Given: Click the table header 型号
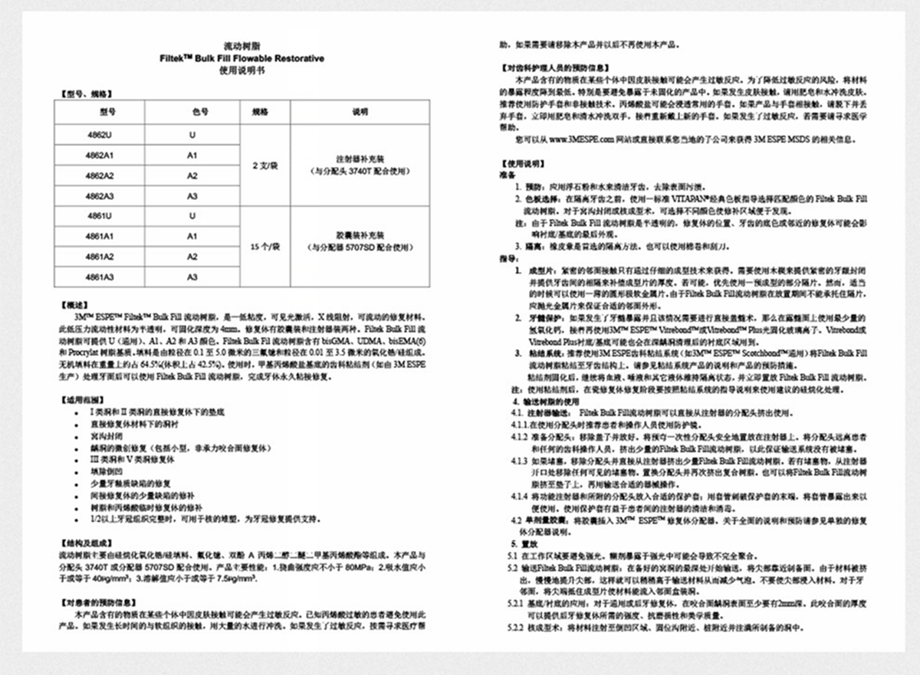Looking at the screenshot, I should [x=107, y=112].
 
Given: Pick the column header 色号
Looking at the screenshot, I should [x=192, y=112].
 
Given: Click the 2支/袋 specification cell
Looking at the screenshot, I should [x=264, y=165].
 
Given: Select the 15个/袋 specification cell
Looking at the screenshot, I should [x=264, y=247].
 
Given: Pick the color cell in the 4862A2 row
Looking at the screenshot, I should [x=192, y=175].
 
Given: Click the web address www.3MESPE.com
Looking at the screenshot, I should [x=591, y=141].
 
